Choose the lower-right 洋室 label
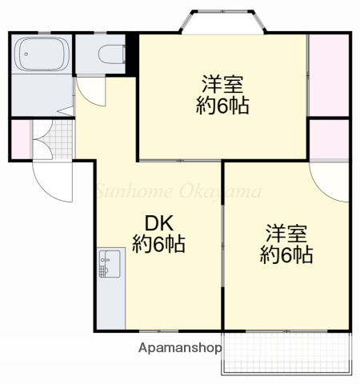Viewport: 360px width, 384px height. [x=286, y=234]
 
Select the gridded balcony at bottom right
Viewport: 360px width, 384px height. [x=286, y=353]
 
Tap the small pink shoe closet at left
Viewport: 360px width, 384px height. [x=20, y=138]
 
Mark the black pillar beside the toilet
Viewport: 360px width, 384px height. [x=132, y=54]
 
